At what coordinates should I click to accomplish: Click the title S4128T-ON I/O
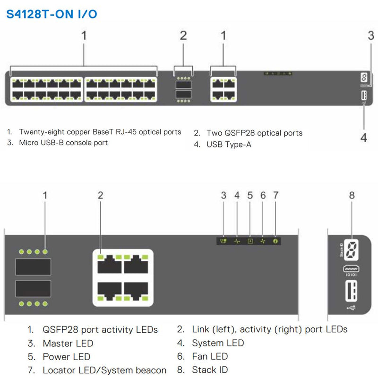(52, 14)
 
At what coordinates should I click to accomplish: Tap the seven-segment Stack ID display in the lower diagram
(352, 250)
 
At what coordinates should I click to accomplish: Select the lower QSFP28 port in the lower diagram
(33, 288)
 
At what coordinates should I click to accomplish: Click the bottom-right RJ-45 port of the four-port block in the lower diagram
(137, 291)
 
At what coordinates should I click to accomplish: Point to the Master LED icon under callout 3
(224, 241)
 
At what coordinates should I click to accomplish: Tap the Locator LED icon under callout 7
(276, 241)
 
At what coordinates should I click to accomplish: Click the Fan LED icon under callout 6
(263, 241)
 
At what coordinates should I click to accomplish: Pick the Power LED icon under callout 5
(250, 241)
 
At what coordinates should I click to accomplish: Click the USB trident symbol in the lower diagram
(352, 308)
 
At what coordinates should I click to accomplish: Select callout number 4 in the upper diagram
(363, 137)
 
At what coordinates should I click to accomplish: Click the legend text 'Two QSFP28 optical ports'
(254, 133)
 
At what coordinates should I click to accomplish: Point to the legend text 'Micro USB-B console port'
(63, 143)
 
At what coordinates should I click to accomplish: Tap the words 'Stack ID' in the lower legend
(210, 369)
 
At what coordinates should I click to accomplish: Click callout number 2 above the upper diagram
(183, 35)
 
